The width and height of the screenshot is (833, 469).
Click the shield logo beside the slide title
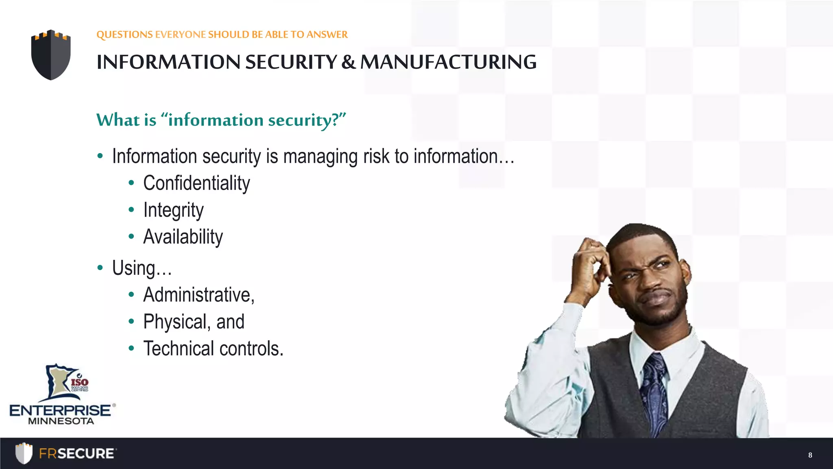51,55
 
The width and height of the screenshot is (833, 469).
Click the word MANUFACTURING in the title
448,62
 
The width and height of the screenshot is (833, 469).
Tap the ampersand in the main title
348,62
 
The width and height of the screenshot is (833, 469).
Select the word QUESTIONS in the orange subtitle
124,35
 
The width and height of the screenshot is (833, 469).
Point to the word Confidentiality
196,183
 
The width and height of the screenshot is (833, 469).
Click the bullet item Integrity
173,210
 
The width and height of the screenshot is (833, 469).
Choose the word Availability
183,237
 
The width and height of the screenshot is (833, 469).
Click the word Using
133,268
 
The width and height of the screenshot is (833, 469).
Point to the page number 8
810,455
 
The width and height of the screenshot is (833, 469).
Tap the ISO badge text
80,382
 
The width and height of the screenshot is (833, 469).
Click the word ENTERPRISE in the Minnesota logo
60,410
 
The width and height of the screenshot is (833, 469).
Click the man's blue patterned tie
654,391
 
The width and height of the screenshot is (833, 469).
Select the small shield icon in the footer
24,453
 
